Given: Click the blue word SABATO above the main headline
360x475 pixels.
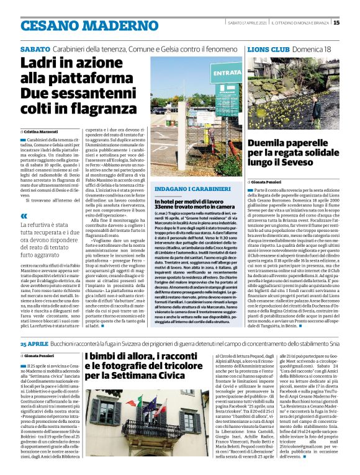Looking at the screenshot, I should point(35,48).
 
